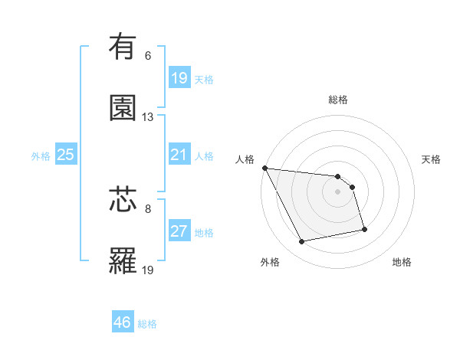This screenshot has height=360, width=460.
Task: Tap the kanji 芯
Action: (123, 200)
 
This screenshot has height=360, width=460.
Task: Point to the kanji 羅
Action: (123, 261)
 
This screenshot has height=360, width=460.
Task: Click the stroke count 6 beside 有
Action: (148, 56)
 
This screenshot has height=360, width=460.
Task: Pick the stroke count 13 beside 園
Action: (148, 117)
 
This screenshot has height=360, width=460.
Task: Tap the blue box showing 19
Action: (179, 78)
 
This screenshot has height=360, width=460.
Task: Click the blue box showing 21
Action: (179, 155)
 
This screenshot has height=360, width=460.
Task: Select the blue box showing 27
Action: (179, 231)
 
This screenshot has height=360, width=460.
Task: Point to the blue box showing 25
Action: (65, 155)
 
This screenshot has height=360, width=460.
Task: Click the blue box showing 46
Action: (123, 322)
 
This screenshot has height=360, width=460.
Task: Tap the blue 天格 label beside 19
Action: (204, 79)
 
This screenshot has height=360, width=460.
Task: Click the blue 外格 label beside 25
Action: (41, 155)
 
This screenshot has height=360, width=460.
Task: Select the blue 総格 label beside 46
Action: (148, 323)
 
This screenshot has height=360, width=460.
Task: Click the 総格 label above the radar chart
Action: (338, 100)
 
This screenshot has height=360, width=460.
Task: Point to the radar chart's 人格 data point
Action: (264, 168)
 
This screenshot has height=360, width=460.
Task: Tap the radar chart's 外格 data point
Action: (302, 242)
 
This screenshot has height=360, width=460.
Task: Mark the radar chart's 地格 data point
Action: (364, 229)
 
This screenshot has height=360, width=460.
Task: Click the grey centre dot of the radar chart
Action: (338, 191)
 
